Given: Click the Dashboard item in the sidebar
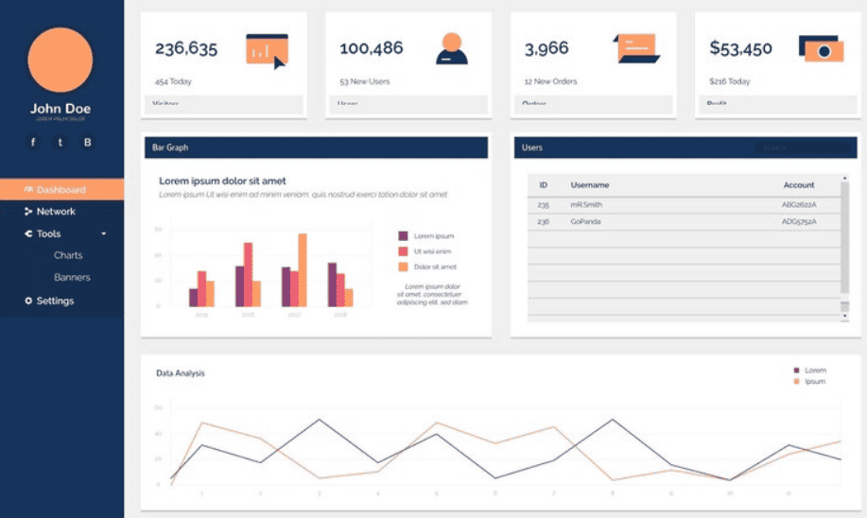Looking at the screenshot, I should coord(61,190).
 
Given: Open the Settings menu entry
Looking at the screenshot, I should coord(54,302).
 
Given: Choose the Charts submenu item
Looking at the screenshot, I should coord(68,255).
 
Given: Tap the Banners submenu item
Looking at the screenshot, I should coord(72,278).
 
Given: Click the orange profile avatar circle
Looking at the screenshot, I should coord(61,60).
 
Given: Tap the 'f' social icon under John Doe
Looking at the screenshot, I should coord(33,143).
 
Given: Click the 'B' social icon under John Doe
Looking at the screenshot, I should coord(88,143).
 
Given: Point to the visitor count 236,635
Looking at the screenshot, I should coord(186,48).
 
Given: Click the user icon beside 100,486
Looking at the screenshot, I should coord(452,48).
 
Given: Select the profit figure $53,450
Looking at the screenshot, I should coord(741,48).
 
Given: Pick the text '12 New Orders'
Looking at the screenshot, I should coord(551,81).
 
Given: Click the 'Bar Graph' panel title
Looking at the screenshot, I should coord(170,147).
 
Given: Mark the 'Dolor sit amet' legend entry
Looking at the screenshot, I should coord(435,268).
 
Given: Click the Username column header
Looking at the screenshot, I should coord(590,185).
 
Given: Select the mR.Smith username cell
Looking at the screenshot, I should coord(586,204).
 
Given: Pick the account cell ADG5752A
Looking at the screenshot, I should coord(799,222).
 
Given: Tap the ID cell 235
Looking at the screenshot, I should coord(543,204).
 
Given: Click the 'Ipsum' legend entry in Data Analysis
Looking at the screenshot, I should coord(814,381).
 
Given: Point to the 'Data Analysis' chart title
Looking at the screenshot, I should coord(181,373).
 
